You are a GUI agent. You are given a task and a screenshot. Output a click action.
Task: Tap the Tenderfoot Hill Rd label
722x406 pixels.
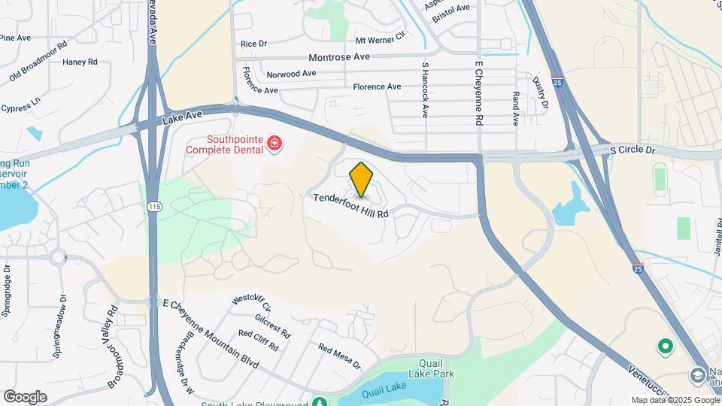(350, 204)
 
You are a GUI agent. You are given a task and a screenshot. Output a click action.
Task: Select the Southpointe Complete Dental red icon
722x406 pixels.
(274, 143)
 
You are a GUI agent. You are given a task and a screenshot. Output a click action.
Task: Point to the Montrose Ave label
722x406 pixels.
(339, 57)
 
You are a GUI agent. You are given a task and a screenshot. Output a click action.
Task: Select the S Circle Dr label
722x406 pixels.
(633, 150)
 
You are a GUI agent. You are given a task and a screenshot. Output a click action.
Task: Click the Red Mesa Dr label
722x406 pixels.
(340, 357)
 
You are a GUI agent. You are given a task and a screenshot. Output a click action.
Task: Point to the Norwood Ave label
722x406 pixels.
(292, 74)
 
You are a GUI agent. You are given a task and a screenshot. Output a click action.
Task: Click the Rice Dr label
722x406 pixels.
(253, 44)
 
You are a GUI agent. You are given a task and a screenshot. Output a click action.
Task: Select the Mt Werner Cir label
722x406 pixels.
(380, 40)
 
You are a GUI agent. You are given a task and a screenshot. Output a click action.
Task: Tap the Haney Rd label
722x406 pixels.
(80, 62)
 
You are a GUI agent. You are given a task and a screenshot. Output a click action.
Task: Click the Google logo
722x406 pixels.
(25, 396)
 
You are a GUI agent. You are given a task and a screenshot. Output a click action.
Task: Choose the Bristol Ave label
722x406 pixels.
(451, 8)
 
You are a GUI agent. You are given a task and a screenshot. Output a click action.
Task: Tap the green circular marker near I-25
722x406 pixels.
(665, 347)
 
